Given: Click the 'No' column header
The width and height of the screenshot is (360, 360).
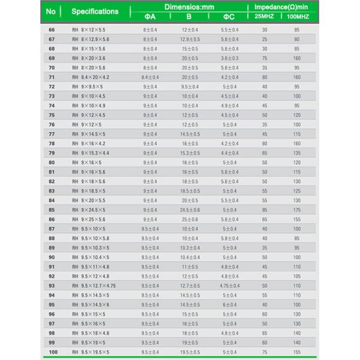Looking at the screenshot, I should pyautogui.click(x=51, y=11).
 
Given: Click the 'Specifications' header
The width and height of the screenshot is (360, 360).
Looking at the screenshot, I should pyautogui.click(x=95, y=11).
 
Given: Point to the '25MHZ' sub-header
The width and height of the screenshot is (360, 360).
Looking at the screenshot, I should pyautogui.click(x=264, y=16).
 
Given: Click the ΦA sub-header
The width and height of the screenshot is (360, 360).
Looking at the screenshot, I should pyautogui.click(x=150, y=17).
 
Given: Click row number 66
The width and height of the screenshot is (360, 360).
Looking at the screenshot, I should pyautogui.click(x=52, y=29).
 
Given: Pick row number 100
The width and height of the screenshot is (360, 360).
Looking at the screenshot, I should pyautogui.click(x=53, y=352).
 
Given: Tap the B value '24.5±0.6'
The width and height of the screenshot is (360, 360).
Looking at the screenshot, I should pyautogui.click(x=190, y=210).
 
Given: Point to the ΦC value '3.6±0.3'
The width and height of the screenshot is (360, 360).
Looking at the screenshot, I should pyautogui.click(x=229, y=58).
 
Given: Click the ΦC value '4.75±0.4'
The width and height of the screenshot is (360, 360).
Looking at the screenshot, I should pyautogui.click(x=229, y=286).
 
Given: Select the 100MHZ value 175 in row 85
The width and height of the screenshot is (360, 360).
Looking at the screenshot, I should pyautogui.click(x=297, y=210).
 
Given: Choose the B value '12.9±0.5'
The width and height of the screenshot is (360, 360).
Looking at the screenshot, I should pyautogui.click(x=190, y=39).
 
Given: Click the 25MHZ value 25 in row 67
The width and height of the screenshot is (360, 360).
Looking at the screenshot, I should pyautogui.click(x=265, y=39).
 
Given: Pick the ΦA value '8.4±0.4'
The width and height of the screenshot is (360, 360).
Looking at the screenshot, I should pyautogui.click(x=150, y=77).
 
